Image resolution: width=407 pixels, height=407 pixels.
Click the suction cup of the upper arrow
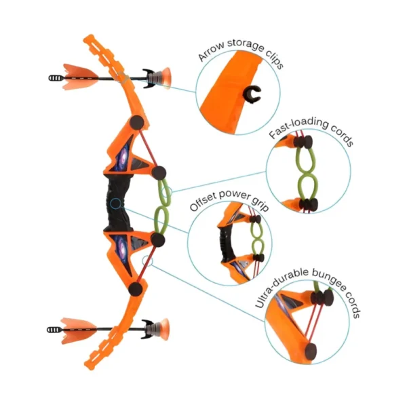click(166, 78)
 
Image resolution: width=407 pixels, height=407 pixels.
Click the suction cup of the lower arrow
click(164, 329)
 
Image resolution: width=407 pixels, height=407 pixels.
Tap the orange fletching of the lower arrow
click(79, 330)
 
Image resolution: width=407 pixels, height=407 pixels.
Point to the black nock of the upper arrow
click(56, 78)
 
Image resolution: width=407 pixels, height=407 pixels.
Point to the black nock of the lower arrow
click(54, 330)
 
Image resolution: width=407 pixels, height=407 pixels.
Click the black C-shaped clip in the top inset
click(252, 94)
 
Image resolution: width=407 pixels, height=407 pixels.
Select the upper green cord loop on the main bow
click(164, 192)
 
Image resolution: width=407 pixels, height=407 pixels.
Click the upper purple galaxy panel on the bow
click(123, 157)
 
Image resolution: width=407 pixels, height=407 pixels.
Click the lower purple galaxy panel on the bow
click(121, 248)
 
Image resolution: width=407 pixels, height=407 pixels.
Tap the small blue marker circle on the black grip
click(115, 203)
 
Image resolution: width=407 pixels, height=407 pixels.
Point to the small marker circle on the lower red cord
click(147, 260)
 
